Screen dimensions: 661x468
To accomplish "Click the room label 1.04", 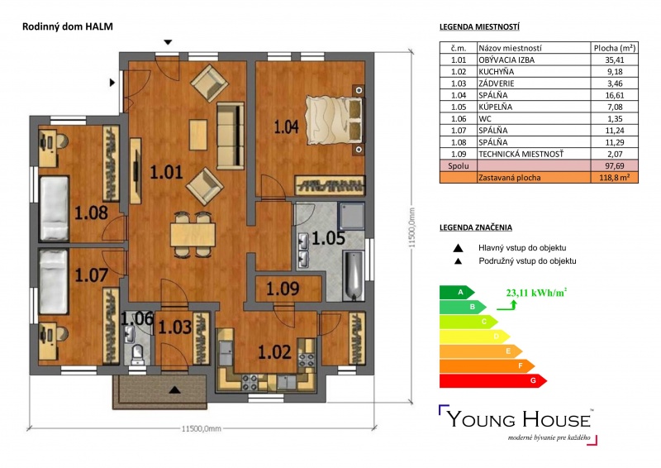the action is pos(286,127).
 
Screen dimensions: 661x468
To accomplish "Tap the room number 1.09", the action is pos(283,289).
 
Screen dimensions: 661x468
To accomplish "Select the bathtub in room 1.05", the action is pos(354,275).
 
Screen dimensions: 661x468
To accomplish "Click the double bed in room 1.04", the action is pos(335,120).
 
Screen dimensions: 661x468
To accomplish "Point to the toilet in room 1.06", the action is pos(137,355).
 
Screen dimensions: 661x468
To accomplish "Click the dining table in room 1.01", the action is pos(193,235).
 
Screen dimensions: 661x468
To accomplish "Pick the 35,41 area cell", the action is pos(614,60).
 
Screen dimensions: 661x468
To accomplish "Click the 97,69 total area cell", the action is pos(614,166).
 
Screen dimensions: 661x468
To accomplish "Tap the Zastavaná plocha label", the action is pos(509,178).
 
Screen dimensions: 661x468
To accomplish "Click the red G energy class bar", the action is pos(492,380).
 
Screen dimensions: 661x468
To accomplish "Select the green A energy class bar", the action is pos(457,292).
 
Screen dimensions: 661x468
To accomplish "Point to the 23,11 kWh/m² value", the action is pos(536,293).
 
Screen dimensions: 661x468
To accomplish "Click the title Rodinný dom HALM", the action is pos(68,26).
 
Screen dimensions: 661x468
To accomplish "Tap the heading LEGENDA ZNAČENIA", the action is pos(476,227).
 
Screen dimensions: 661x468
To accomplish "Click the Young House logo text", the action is pos(519,419).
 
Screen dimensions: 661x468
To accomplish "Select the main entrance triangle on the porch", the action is pos(175,389).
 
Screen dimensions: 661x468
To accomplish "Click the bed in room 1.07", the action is pos(53,281).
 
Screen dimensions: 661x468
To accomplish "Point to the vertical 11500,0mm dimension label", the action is pos(411,227).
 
